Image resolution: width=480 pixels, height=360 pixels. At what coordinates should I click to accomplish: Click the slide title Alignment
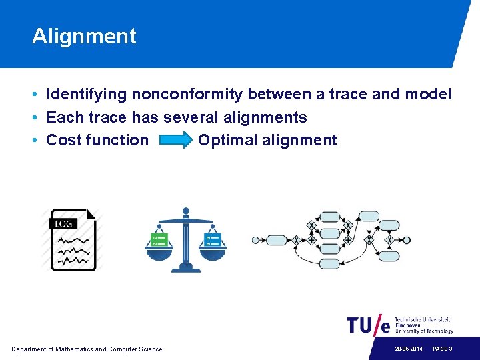click(x=84, y=36)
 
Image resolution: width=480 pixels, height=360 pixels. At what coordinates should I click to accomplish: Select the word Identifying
click(x=86, y=95)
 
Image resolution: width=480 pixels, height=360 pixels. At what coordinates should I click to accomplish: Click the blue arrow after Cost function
click(x=174, y=140)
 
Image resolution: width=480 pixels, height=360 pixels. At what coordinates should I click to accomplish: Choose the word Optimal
click(x=227, y=141)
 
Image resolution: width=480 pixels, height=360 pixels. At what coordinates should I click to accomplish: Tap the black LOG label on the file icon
click(x=63, y=223)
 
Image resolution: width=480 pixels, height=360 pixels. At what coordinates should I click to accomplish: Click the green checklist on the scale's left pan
click(x=159, y=238)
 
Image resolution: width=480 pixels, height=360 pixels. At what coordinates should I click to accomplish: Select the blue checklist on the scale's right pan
click(x=213, y=238)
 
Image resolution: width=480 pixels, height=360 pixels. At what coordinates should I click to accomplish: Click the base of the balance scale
click(x=186, y=268)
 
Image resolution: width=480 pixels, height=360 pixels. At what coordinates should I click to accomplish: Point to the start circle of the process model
click(x=255, y=240)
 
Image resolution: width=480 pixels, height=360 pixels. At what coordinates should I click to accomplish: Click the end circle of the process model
click(x=407, y=240)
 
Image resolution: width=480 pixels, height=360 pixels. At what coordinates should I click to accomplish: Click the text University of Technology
click(x=424, y=331)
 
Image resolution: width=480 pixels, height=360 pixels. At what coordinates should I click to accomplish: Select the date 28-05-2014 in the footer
click(x=407, y=349)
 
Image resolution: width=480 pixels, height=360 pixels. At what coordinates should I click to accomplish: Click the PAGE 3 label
click(x=443, y=349)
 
